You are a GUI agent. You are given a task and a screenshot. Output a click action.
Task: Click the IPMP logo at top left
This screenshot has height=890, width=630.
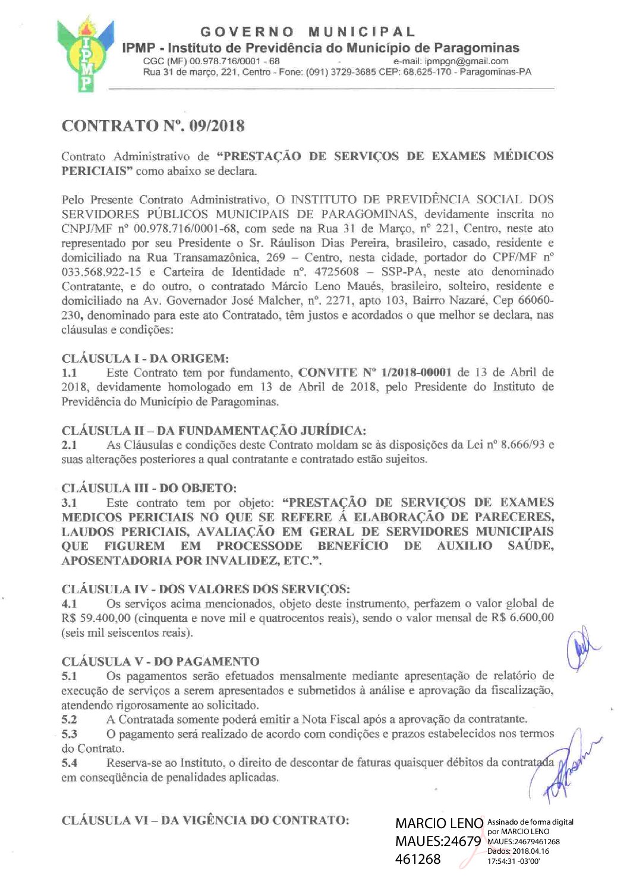coord(86,55)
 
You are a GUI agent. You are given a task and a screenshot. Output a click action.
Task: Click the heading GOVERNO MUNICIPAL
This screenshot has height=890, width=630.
coord(308,32)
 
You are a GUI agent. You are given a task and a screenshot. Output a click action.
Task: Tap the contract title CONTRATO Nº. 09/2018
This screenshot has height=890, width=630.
coord(153,126)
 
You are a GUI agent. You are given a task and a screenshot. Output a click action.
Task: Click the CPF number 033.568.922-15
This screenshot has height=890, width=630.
coord(101,272)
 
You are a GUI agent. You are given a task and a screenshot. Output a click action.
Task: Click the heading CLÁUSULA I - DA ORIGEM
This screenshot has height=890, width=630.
coord(145,358)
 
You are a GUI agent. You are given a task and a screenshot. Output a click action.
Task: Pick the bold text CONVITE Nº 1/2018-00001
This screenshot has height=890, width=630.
coord(375,373)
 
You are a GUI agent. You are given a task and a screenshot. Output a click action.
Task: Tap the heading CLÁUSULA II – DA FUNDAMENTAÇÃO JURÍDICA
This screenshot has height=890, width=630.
coord(214,430)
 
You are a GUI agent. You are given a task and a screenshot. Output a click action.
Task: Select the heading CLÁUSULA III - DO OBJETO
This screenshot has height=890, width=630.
coord(149,488)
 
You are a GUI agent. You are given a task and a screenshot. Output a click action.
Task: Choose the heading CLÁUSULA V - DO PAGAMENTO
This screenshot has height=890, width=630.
coord(160,661)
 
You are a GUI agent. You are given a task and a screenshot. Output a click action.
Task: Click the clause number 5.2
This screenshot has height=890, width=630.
coord(70,719)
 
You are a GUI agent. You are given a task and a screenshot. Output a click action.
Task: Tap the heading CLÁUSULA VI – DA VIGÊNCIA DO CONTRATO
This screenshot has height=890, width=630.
coord(205,820)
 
